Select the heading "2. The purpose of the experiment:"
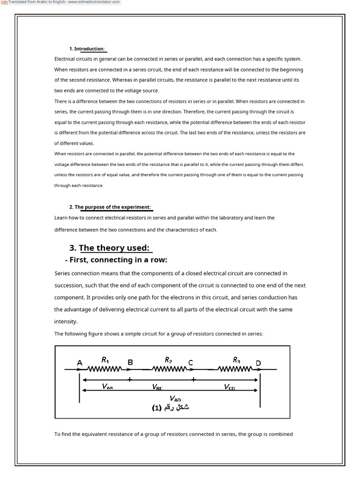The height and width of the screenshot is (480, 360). [110, 207]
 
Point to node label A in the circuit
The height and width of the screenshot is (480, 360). [80, 362]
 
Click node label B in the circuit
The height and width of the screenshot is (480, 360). [130, 362]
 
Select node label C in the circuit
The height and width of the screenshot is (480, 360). [190, 362]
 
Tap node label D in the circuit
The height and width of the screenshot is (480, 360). [258, 363]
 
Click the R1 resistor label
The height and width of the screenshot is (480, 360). [105, 360]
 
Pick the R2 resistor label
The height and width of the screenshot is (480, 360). [168, 360]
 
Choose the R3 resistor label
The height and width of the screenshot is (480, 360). [236, 360]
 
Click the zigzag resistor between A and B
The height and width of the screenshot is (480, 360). [105, 369]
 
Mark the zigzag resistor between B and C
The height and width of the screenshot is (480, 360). [169, 369]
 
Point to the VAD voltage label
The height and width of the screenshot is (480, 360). [175, 399]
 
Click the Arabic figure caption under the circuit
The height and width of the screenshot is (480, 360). [171, 407]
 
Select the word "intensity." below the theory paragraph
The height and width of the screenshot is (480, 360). [66, 322]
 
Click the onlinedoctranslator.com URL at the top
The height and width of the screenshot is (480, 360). [93, 2]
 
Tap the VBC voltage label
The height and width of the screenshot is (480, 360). [157, 387]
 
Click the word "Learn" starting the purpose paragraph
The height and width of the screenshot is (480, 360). [60, 218]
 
